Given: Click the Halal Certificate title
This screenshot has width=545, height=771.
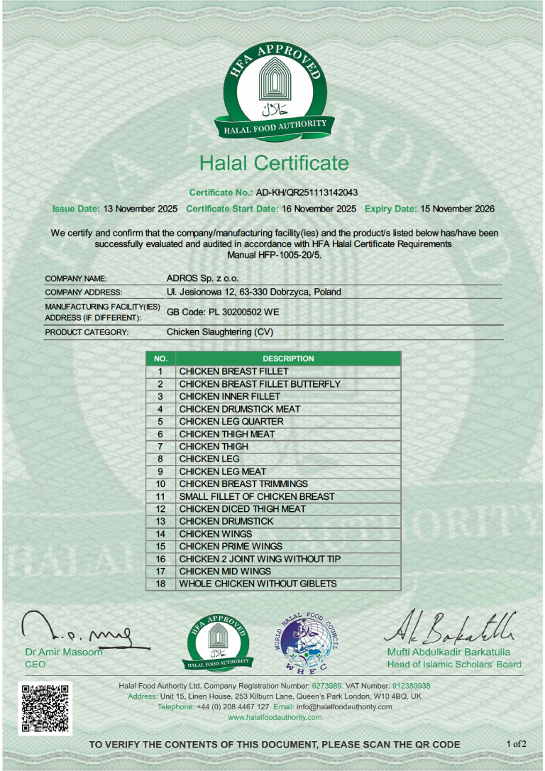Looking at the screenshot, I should [274, 163].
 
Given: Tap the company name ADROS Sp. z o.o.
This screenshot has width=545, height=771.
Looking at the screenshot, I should [202, 278].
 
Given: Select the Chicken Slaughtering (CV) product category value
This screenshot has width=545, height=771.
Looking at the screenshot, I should [219, 332].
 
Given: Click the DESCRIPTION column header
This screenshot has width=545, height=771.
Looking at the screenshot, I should [287, 359].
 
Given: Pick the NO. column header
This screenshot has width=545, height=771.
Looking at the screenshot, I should [160, 359].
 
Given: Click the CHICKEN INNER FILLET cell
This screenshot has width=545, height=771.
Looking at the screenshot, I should [229, 396].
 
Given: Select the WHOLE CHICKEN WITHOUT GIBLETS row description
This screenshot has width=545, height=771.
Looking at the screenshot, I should [258, 584].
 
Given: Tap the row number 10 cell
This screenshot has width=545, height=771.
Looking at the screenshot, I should [160, 484].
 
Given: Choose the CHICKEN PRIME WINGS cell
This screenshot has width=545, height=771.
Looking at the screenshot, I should [231, 546].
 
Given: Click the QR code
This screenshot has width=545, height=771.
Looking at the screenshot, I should [45, 708].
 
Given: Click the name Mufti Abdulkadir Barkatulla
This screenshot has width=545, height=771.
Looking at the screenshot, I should [448, 652].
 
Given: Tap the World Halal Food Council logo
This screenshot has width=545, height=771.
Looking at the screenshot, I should [307, 642].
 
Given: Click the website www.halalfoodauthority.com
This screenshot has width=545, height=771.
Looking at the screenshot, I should [275, 718].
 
